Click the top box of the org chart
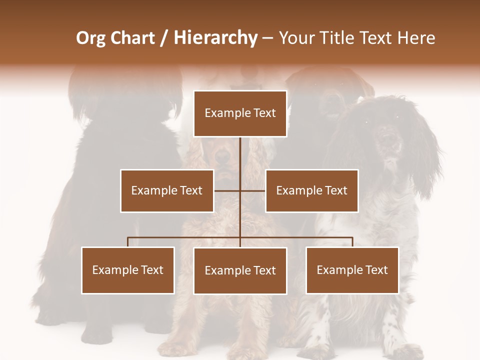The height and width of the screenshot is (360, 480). point(240,113)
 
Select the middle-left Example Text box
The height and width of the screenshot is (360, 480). point(167,190)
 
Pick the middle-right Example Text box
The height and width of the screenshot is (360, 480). point(311,190)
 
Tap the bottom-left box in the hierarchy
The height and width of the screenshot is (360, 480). point(128,270)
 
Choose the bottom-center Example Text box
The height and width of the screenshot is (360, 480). point(240,270)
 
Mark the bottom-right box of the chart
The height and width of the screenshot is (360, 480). point(352,270)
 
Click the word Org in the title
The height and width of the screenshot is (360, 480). point(90,38)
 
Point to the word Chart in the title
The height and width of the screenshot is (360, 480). point(132,38)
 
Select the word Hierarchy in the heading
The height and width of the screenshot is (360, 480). point(215,38)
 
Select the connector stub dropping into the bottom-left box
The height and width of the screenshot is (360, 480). point(128,242)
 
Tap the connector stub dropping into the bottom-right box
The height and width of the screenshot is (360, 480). point(352,242)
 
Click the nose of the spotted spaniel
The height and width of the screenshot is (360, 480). point(385,135)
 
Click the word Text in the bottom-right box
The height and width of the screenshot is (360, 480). point(376,270)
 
